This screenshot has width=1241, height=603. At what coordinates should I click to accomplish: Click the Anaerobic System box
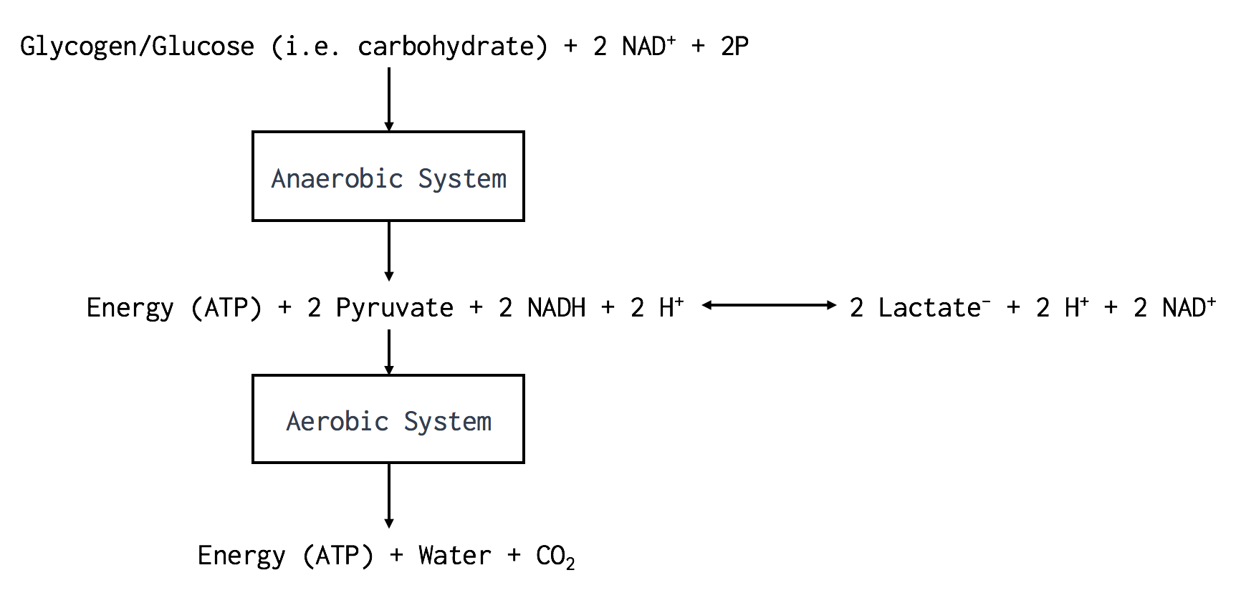[x=388, y=176]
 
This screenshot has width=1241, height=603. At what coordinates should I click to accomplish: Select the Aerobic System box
[x=388, y=419]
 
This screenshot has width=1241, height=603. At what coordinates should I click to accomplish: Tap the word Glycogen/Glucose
[x=137, y=47]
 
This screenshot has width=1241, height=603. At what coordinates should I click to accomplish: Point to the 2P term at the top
[x=734, y=47]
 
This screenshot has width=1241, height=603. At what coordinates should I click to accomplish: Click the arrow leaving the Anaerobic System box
[x=389, y=251]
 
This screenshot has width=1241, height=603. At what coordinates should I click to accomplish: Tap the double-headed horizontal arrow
[x=769, y=305]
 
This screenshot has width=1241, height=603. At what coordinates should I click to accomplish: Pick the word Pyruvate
[x=394, y=308]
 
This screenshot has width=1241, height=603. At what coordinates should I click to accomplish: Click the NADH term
[x=556, y=308]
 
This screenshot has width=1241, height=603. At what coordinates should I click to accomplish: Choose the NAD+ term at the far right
[x=1188, y=308]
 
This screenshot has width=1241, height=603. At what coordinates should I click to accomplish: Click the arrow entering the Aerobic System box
[x=389, y=352]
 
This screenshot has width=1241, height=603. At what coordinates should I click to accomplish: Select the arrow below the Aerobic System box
[x=389, y=495]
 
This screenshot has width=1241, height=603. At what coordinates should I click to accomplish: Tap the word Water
[x=454, y=556]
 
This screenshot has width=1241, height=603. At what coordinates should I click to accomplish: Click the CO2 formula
[x=555, y=556]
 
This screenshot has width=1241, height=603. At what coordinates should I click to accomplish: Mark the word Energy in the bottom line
[x=241, y=556]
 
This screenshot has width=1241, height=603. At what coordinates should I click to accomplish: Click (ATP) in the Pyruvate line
[x=226, y=308]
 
